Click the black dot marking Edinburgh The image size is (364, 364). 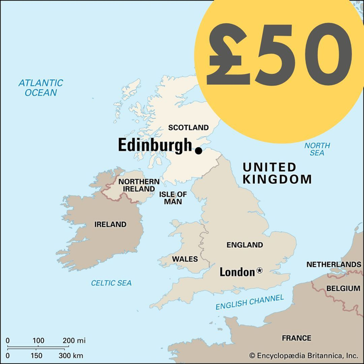click(x=198, y=151)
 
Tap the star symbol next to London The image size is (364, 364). click(x=260, y=271)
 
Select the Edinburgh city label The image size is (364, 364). click(x=155, y=146)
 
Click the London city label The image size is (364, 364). click(x=237, y=272)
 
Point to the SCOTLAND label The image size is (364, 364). click(x=189, y=127)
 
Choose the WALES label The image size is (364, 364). click(x=185, y=259)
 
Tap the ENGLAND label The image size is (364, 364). click(x=245, y=245)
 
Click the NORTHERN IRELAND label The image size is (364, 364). click(x=138, y=185)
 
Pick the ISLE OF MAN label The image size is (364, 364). click(x=173, y=197)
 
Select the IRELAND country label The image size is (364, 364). click(x=110, y=225)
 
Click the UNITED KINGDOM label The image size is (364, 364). click(x=277, y=173)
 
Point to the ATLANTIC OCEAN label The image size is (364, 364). click(x=40, y=88)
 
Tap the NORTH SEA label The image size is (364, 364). click(x=317, y=149)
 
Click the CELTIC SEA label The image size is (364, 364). click(x=111, y=283)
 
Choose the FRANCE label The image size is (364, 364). click(x=296, y=337)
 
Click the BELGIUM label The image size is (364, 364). click(x=344, y=288)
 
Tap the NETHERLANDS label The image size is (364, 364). click(x=333, y=264)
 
